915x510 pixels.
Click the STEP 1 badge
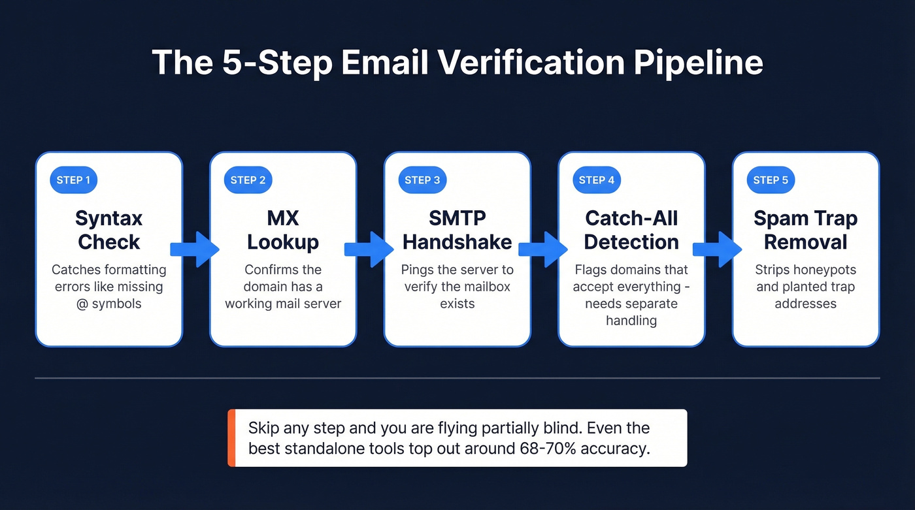[73, 180]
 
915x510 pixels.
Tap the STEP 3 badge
[422, 180]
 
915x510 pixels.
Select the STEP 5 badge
[771, 180]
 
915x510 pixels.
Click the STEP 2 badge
[248, 180]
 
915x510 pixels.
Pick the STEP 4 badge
[596, 180]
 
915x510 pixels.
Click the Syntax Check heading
[108, 230]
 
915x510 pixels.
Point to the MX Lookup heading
[283, 230]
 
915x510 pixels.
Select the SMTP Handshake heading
[457, 230]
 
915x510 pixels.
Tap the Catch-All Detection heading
[631, 230]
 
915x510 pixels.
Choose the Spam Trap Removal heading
[805, 230]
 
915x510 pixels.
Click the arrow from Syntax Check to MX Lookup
[195, 249]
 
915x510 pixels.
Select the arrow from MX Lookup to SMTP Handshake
[370, 249]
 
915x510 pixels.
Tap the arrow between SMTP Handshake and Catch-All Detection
[544, 249]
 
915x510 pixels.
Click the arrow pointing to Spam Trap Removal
[718, 249]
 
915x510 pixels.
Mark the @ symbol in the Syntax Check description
[82, 304]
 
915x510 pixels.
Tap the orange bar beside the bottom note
[231, 438]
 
